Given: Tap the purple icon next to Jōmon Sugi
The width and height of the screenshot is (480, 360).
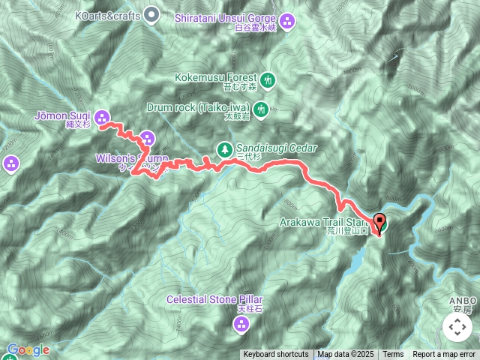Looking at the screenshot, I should click(102, 116).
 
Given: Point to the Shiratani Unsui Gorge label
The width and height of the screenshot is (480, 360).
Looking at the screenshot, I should click(225, 16).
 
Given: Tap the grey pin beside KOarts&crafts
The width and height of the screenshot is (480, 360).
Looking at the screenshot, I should click(152, 14).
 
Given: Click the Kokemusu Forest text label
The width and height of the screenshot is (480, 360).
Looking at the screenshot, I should click(216, 77).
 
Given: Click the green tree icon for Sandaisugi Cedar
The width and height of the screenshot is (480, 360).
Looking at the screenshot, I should click(224, 148).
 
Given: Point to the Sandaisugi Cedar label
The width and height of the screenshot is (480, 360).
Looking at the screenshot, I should click(277, 148).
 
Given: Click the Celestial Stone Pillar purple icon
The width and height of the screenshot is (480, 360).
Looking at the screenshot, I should click(241, 325).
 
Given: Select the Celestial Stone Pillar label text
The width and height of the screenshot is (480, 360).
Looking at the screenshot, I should click(216, 299).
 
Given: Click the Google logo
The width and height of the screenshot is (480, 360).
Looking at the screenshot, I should click(28, 349).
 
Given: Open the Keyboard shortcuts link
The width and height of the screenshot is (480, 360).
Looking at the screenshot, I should click(275, 355).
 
